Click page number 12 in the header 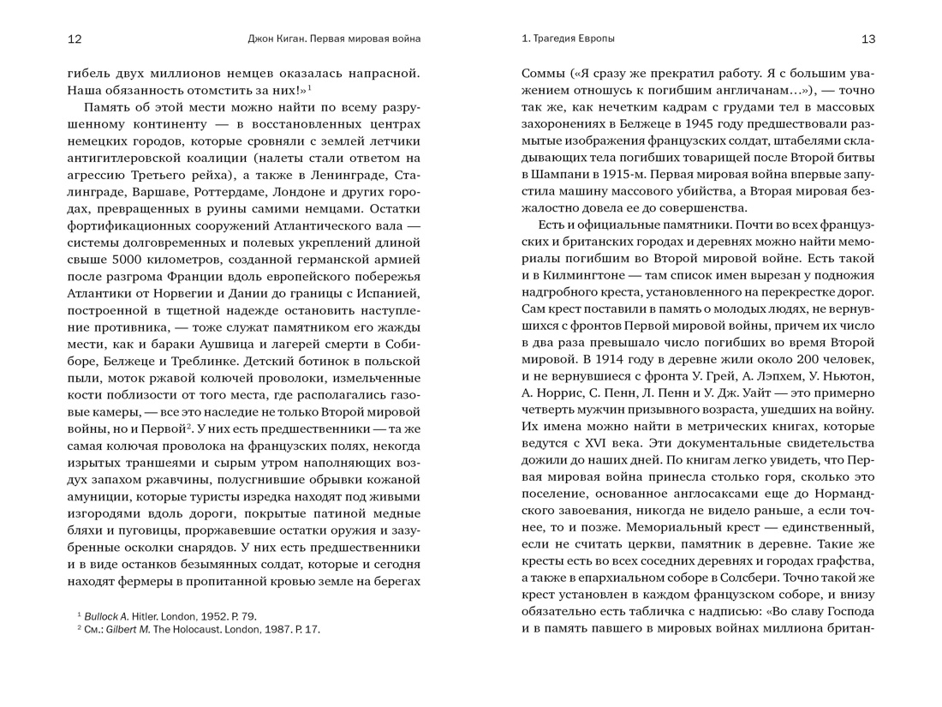(x=75, y=39)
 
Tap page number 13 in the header (x=867, y=39)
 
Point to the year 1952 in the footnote (x=203, y=616)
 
